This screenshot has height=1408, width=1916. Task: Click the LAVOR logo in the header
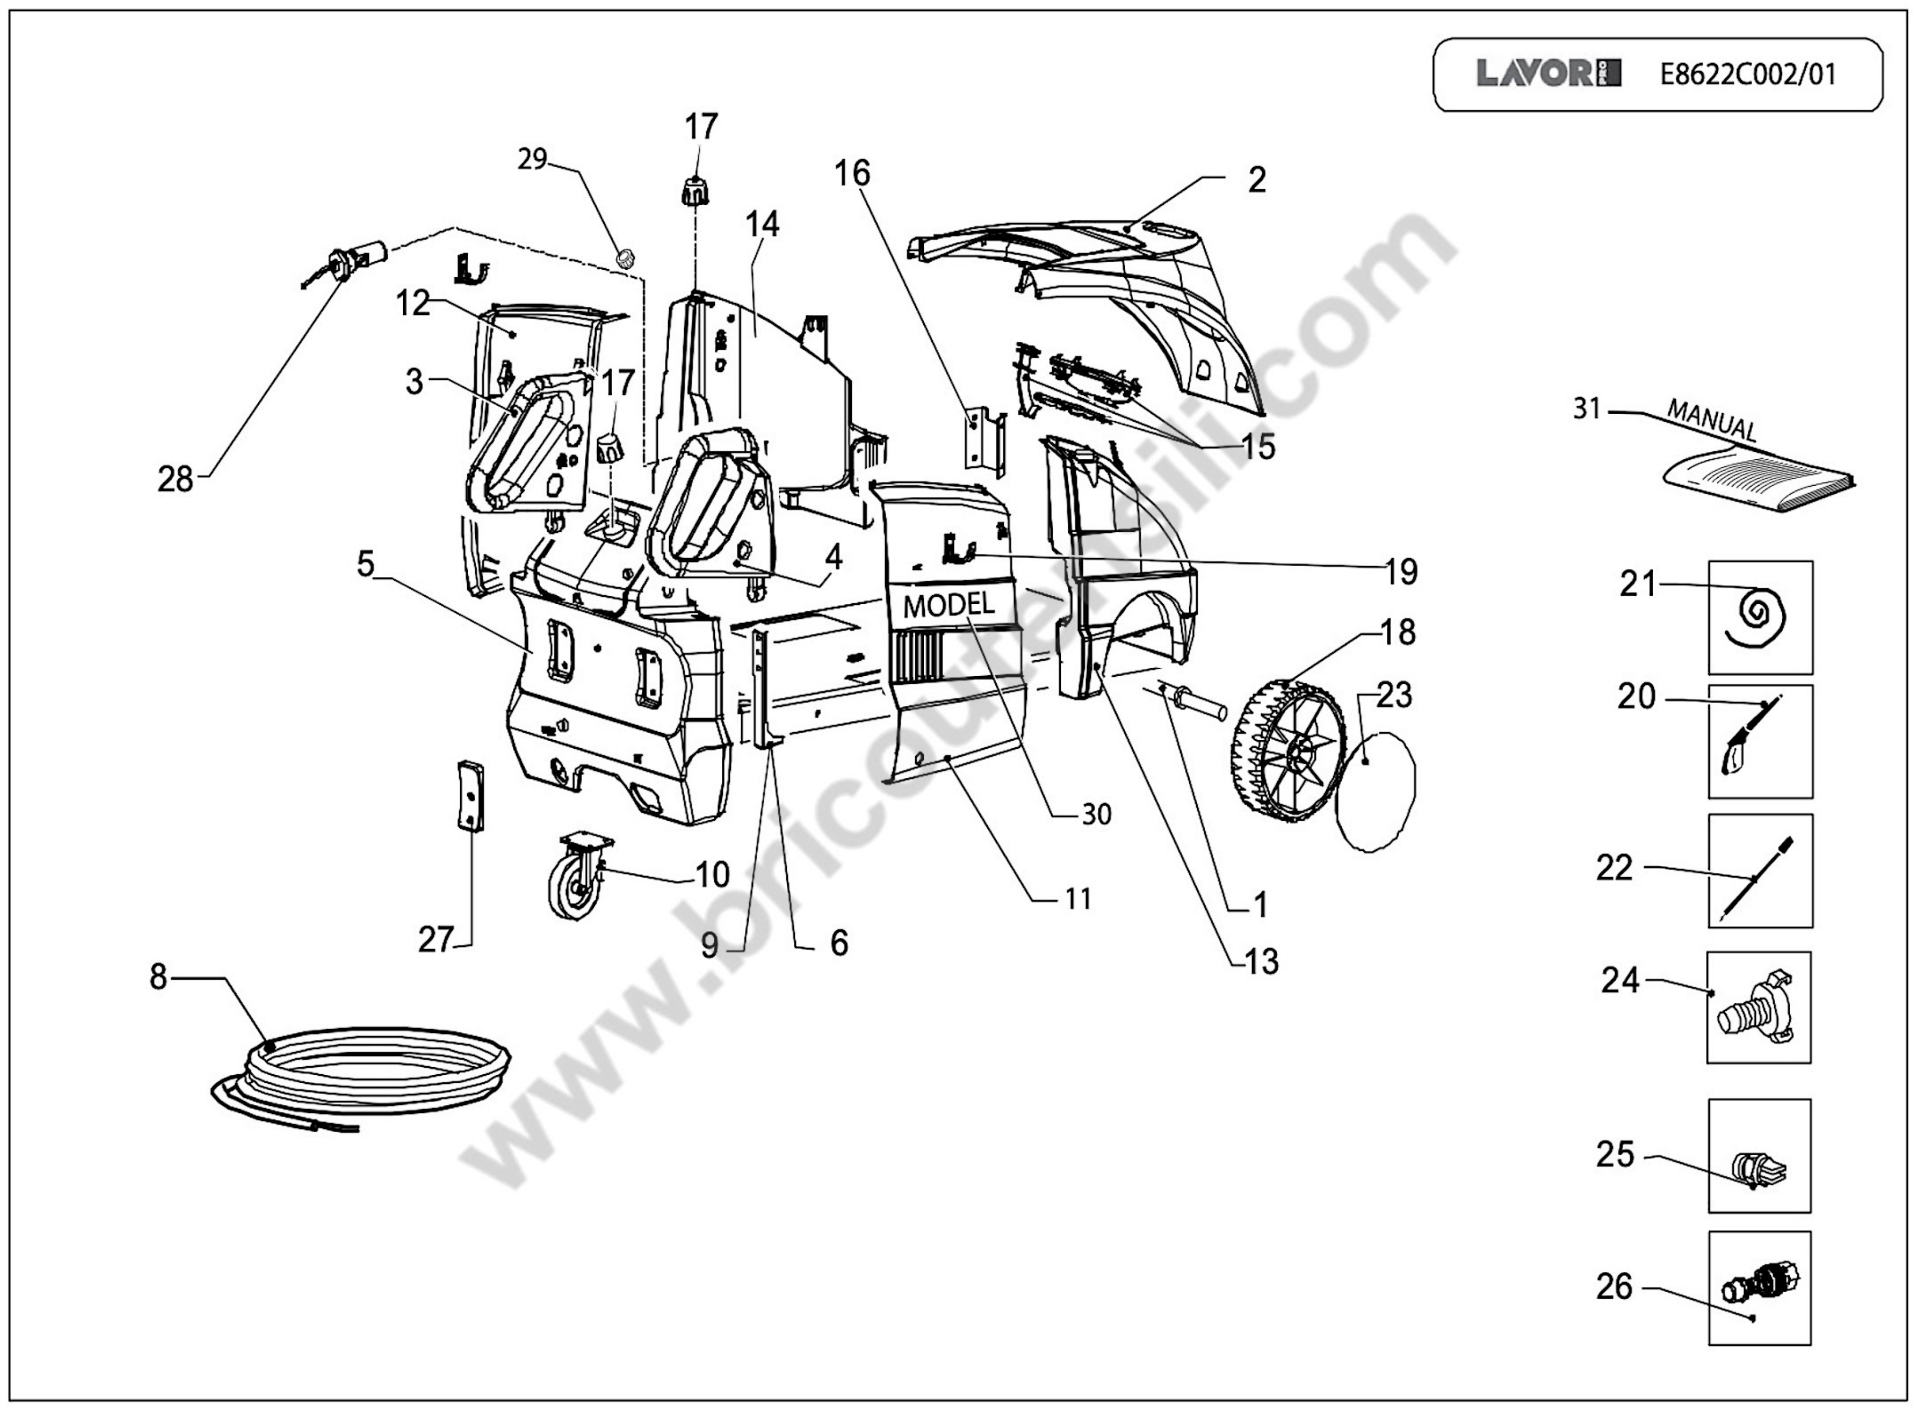[1548, 74]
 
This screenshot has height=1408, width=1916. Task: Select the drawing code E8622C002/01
[1748, 75]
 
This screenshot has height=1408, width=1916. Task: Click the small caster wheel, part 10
[580, 886]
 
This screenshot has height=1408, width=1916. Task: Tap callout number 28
[175, 480]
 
